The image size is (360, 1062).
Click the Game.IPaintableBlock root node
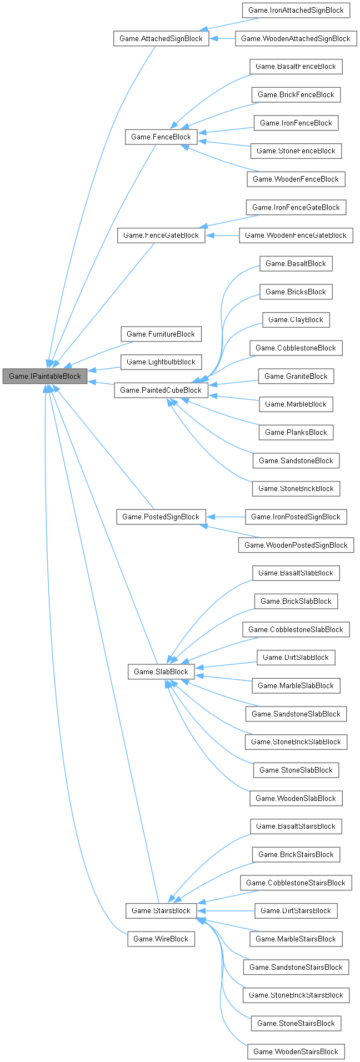[45, 376]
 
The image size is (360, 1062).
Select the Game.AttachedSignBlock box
[161, 38]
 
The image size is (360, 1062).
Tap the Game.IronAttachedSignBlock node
[296, 10]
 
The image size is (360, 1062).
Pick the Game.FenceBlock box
[161, 137]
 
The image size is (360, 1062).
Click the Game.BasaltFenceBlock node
[296, 66]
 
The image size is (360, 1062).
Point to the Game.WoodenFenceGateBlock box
[296, 235]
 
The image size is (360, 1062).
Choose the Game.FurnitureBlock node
[161, 334]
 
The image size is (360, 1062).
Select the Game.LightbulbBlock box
[161, 362]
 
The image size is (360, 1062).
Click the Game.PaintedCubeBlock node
[161, 390]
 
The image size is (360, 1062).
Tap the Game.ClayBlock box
[296, 319]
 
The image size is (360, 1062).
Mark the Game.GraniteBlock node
[296, 376]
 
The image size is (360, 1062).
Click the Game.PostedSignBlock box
[161, 517]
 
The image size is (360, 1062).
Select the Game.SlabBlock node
[161, 672]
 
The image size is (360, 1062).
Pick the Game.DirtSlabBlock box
[296, 657]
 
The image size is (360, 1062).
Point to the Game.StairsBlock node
[161, 910]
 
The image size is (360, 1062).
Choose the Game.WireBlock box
[161, 939]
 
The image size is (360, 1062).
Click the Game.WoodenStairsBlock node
[296, 1051]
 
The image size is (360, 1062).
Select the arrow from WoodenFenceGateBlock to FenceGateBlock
[222, 235]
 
